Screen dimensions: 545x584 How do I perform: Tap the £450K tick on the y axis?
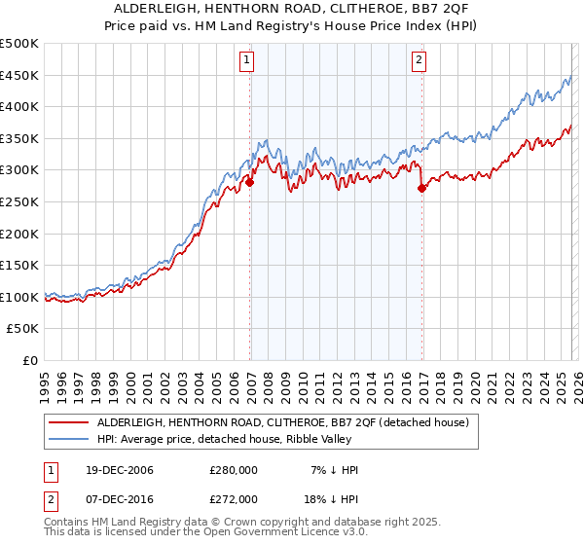(x=19, y=75)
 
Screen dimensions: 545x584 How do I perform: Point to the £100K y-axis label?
(x=19, y=297)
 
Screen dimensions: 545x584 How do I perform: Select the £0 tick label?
(x=29, y=360)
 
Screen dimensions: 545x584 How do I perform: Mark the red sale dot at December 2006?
(x=250, y=182)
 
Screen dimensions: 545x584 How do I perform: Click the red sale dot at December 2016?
(x=421, y=188)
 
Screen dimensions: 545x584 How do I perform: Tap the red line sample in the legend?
(x=68, y=422)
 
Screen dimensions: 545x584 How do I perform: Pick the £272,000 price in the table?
(x=233, y=498)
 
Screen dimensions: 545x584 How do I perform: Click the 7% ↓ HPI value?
(x=334, y=470)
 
